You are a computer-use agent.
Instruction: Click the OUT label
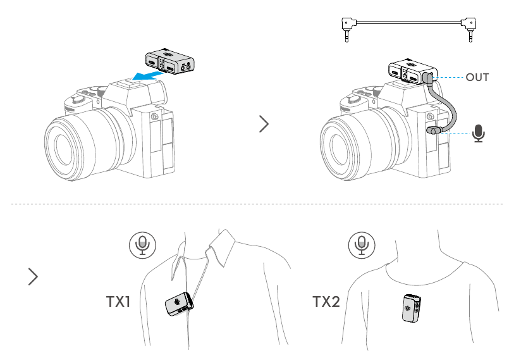click(x=477, y=77)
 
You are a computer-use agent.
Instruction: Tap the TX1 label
click(x=118, y=302)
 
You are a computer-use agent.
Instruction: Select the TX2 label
click(x=326, y=302)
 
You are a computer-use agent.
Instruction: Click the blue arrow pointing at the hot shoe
click(x=147, y=76)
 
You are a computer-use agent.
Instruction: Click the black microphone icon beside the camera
click(x=479, y=133)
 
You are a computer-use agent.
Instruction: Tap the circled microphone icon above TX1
click(x=142, y=245)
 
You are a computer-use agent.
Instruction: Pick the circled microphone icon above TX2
click(x=362, y=245)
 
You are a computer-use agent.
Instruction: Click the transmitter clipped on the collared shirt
click(x=179, y=304)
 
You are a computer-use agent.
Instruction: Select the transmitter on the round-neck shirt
click(x=412, y=308)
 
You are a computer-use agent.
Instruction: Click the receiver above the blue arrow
click(x=170, y=61)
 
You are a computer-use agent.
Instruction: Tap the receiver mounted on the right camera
click(x=412, y=71)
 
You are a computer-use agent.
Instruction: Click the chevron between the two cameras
click(x=264, y=124)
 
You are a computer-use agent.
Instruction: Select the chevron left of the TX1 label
click(x=34, y=276)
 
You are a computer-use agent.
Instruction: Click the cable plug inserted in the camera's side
click(x=434, y=130)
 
